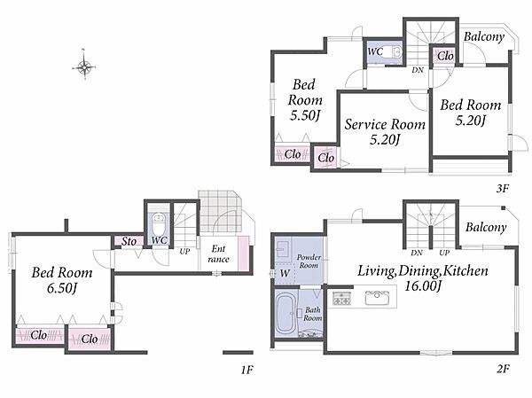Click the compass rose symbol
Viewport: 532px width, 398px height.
(x=84, y=66)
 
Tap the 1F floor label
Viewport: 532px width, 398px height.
(x=247, y=370)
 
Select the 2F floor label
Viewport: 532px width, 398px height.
(x=503, y=369)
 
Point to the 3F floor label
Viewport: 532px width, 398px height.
(x=503, y=188)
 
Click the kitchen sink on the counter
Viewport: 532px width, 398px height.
(x=377, y=298)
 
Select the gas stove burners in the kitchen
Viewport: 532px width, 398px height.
(x=341, y=298)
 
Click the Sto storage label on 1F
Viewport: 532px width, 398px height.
(x=129, y=241)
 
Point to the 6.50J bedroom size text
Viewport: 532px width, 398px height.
(x=61, y=288)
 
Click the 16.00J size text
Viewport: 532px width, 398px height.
(x=423, y=286)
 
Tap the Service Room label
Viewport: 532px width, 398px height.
(x=385, y=124)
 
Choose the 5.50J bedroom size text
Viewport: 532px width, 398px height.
(x=305, y=115)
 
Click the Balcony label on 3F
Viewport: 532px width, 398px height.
(x=484, y=36)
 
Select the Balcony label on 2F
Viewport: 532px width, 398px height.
(x=486, y=227)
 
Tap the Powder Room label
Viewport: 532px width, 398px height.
(x=309, y=261)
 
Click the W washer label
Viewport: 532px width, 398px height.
(x=285, y=273)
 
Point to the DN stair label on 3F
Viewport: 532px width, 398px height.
(x=418, y=70)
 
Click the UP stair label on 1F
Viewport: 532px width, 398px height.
(x=184, y=252)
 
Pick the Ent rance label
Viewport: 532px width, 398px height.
(x=218, y=254)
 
